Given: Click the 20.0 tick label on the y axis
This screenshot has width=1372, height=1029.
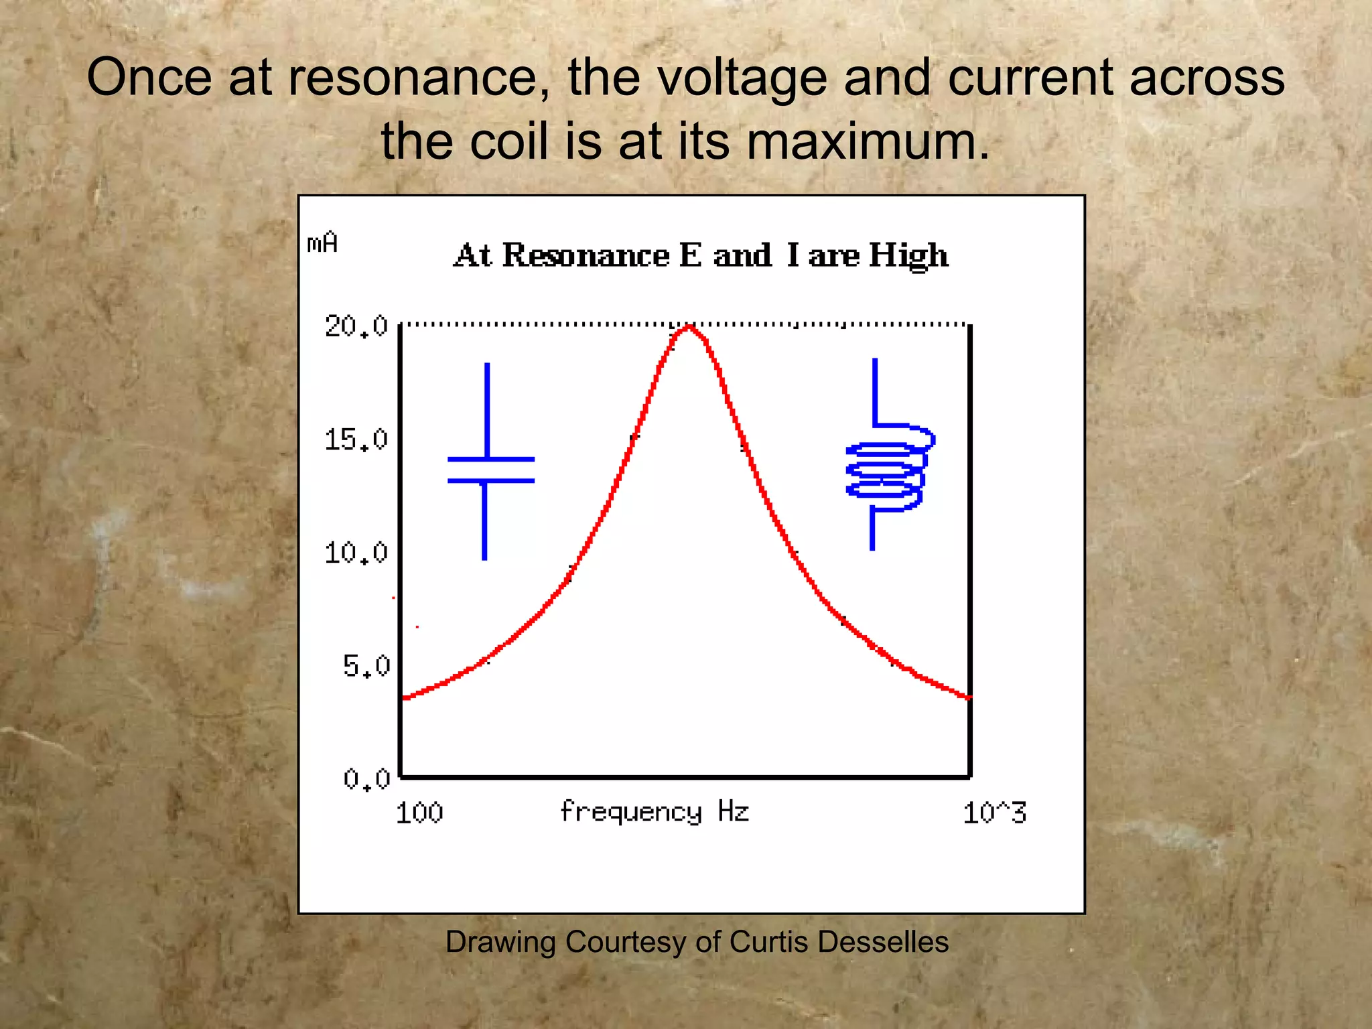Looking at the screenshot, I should [x=356, y=326].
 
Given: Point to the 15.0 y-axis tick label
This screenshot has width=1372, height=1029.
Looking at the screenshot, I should [x=356, y=440].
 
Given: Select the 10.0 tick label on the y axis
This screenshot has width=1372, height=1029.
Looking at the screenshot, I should [x=356, y=553].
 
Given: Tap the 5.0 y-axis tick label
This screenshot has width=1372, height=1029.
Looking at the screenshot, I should [x=366, y=667].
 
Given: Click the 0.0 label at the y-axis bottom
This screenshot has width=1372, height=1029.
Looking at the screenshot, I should [x=366, y=779].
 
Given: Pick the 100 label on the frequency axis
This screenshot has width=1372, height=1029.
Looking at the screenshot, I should [x=419, y=813].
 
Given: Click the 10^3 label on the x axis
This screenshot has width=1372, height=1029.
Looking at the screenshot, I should [x=994, y=813].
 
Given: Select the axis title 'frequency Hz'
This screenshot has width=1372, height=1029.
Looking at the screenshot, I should [x=654, y=812].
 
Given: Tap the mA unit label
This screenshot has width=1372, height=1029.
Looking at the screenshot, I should [x=322, y=243].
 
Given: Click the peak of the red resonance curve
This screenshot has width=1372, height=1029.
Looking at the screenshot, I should [x=689, y=327].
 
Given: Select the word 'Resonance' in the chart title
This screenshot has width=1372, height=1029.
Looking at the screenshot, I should [x=586, y=255].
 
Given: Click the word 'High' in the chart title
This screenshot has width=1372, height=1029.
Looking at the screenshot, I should [x=908, y=255].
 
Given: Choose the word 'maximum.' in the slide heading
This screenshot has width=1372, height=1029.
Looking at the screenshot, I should [x=868, y=141].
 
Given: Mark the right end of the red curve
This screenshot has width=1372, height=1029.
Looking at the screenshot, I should [x=968, y=697].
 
